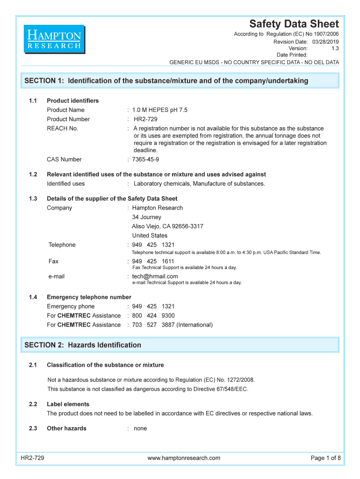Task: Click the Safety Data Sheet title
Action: click(294, 24)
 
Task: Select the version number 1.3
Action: click(335, 48)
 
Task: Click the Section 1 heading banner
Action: click(180, 80)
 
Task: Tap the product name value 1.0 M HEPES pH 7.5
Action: click(159, 110)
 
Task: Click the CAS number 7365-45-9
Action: click(145, 160)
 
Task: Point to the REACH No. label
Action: click(62, 129)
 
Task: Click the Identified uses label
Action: click(65, 184)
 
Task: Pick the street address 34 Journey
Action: click(146, 217)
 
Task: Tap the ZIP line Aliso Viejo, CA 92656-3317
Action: click(167, 226)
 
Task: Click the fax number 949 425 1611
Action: click(153, 261)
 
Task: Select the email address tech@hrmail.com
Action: click(155, 276)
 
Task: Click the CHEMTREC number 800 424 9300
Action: click(153, 316)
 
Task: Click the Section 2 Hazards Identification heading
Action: click(83, 345)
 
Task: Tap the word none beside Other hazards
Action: click(140, 428)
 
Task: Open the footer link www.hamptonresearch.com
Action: click(184, 458)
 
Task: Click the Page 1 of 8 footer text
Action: click(326, 458)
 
